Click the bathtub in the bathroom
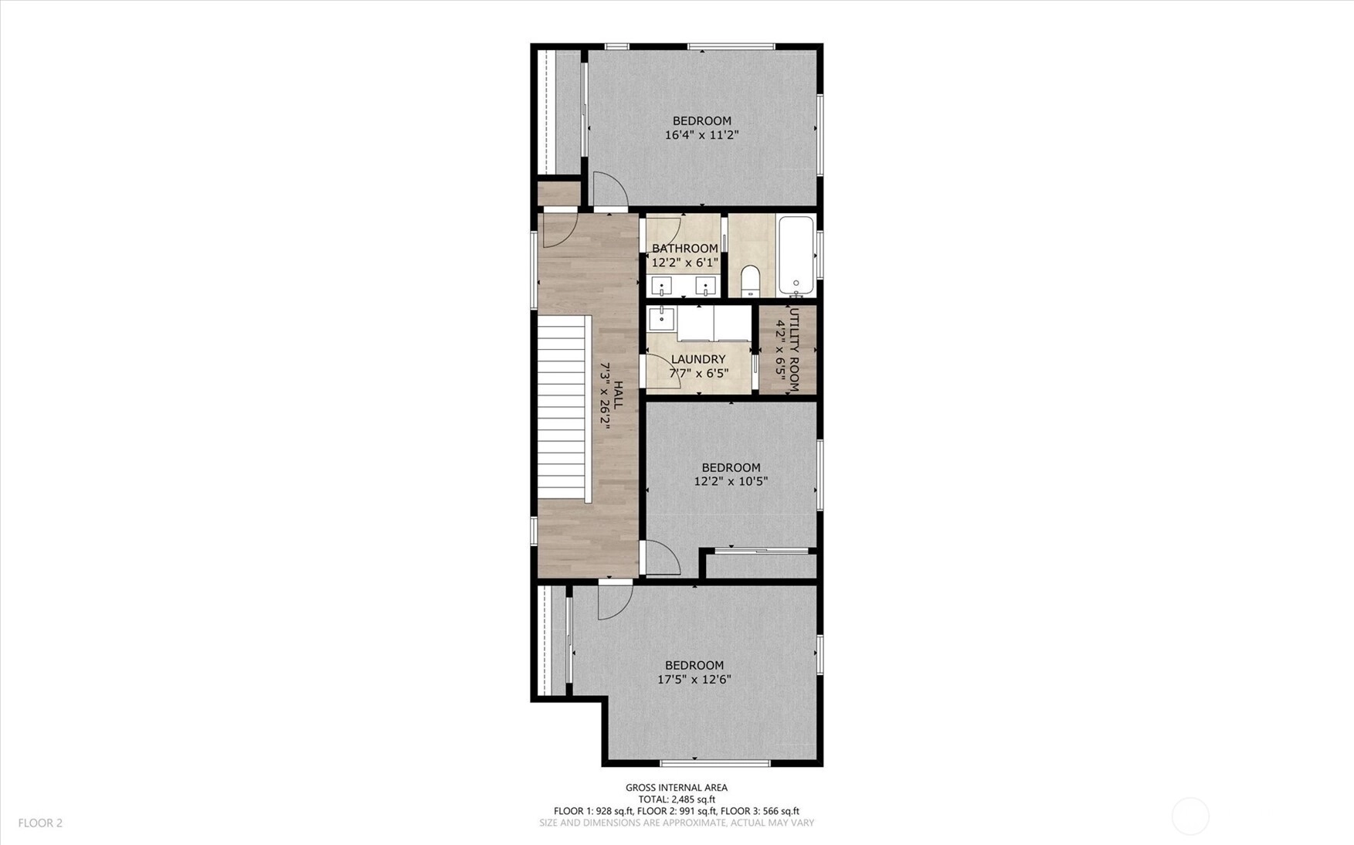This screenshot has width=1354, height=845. click(x=796, y=255)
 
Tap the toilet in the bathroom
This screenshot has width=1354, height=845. click(x=751, y=282)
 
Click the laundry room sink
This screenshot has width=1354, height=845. click(x=662, y=318)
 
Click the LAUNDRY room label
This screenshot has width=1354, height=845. click(x=698, y=359)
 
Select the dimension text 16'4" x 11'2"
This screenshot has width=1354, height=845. click(x=701, y=135)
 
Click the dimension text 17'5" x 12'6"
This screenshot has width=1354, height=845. click(x=694, y=680)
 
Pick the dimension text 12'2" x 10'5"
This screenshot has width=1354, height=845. click(x=731, y=481)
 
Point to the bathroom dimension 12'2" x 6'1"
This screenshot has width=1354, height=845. click(x=685, y=263)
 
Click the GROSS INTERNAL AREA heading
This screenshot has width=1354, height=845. click(x=677, y=788)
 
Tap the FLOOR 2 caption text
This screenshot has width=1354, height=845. click(x=40, y=823)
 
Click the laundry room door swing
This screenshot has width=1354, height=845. click(x=663, y=371)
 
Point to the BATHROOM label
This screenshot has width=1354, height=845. click(x=685, y=249)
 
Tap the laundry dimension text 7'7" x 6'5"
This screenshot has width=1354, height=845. click(x=698, y=374)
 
